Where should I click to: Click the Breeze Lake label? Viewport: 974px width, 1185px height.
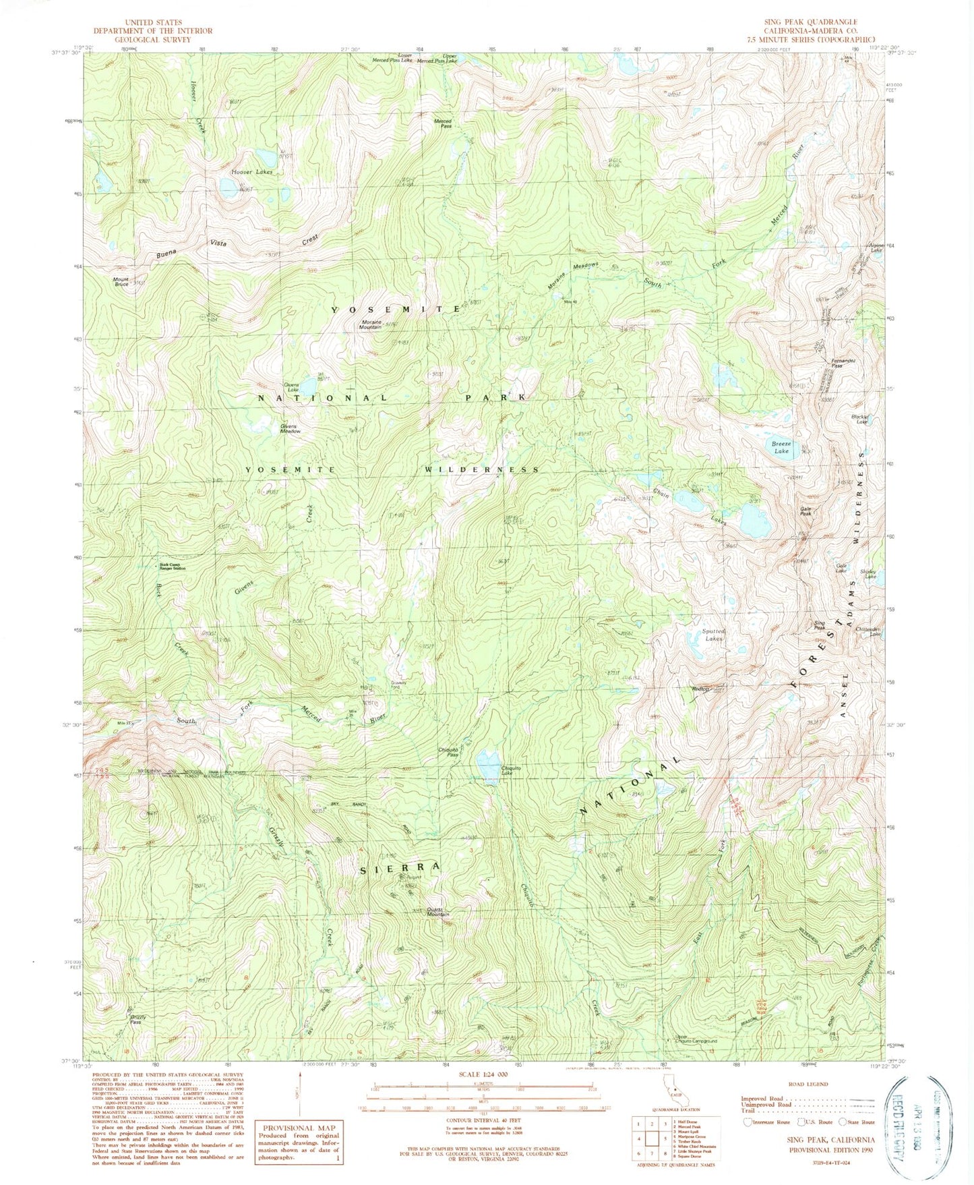coord(781,448)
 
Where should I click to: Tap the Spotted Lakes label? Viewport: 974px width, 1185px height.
coord(713,635)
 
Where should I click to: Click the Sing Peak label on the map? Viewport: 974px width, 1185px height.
coord(820,625)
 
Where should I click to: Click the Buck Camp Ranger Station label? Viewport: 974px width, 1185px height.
coord(172,567)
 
